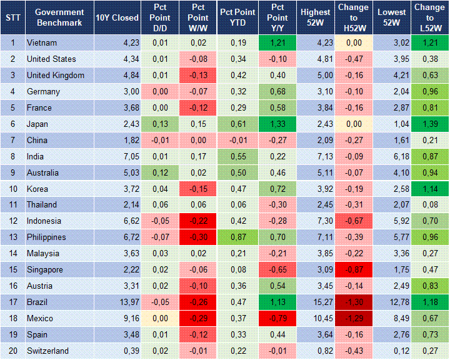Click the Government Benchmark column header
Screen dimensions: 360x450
(59, 17)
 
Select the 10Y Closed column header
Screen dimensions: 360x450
(117, 17)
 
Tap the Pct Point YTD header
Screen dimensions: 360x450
(237, 17)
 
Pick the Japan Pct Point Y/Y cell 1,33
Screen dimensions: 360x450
(276, 124)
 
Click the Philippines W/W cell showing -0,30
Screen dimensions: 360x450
(198, 237)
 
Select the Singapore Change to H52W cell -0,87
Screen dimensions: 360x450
(354, 270)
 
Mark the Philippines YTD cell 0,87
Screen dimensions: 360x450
(237, 237)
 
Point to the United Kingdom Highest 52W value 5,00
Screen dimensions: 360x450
(316, 76)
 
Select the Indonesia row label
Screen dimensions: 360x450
(44, 221)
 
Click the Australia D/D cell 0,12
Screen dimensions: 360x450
(159, 172)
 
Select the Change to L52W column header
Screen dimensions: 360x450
(429, 17)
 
